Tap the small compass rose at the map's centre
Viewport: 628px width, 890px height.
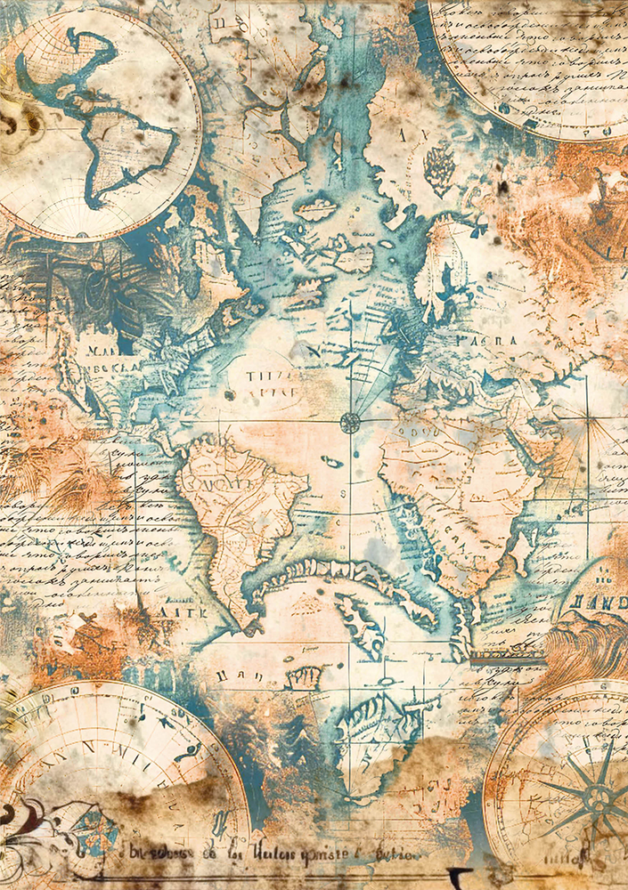coord(350,422)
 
